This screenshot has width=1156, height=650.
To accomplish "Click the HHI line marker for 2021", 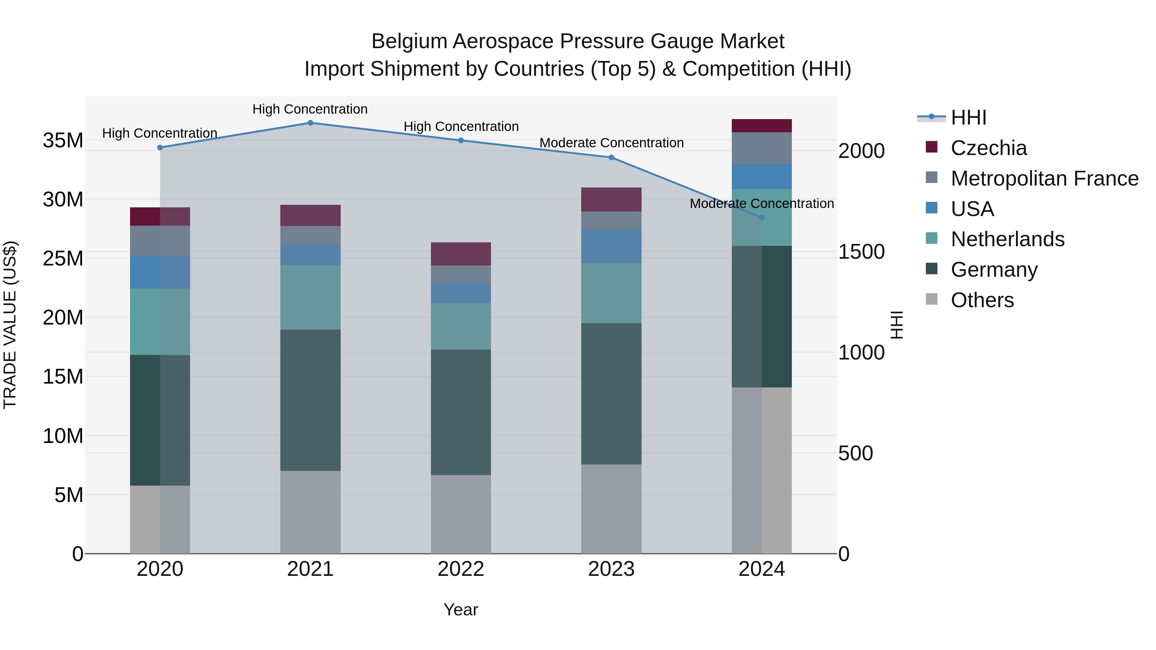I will [310, 123].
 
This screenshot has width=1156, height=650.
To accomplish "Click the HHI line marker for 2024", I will [762, 218].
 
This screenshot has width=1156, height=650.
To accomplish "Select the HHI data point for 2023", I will [611, 158].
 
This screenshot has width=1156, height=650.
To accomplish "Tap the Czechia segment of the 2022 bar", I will [461, 254].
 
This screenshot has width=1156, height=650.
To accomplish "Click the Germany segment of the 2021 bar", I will [310, 400].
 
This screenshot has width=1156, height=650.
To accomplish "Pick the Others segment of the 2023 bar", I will [611, 509].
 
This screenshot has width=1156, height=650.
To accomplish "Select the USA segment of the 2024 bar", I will [762, 176].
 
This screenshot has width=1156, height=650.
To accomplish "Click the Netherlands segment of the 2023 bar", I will [611, 293].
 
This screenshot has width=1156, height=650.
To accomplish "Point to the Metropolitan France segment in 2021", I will [310, 235].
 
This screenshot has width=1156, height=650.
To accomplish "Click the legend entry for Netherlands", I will [1007, 239].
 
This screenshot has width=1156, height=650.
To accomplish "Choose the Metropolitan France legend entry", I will [1044, 178].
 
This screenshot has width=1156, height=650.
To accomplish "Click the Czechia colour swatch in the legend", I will [932, 147].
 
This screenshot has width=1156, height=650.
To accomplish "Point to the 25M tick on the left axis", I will [63, 258].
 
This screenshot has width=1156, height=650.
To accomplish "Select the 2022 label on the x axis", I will [461, 569].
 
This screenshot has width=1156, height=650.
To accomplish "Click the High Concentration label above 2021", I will [310, 109].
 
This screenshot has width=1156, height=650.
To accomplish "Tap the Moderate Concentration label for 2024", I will [762, 203].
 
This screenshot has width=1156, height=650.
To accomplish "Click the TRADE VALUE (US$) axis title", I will [10, 325].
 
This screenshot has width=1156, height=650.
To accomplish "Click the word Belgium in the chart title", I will [409, 41].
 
